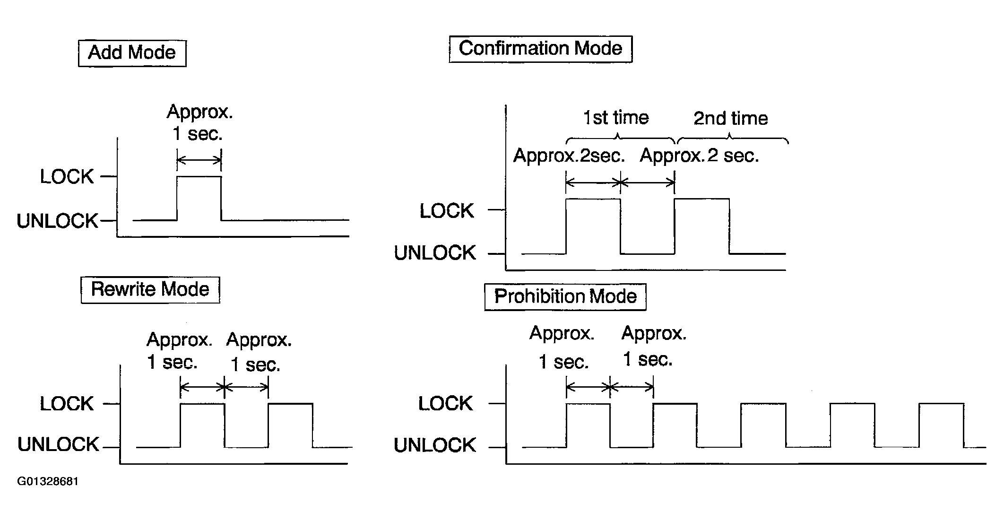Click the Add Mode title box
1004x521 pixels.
[132, 53]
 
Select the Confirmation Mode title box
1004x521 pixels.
[540, 49]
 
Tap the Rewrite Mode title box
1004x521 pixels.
[150, 289]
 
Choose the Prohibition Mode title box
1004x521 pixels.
[565, 296]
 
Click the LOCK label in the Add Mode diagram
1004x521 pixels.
[67, 177]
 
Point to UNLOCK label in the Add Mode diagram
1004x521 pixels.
[57, 221]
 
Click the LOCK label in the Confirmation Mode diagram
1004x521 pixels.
[447, 211]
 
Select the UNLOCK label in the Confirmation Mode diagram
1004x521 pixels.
[435, 253]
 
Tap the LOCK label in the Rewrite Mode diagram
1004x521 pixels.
[67, 404]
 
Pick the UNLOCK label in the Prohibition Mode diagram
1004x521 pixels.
[435, 445]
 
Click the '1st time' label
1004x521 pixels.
[616, 118]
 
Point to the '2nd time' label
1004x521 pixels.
[730, 118]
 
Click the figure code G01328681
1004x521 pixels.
[48, 481]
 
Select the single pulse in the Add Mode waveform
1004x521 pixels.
[199, 198]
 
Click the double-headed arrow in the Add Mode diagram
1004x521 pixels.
[199, 161]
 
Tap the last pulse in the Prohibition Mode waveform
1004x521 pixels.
[941, 425]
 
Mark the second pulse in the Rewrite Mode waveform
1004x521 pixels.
[290, 425]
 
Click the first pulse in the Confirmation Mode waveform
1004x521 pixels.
[593, 226]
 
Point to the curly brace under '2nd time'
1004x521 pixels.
[732, 139]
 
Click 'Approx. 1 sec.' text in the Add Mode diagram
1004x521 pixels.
[199, 123]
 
